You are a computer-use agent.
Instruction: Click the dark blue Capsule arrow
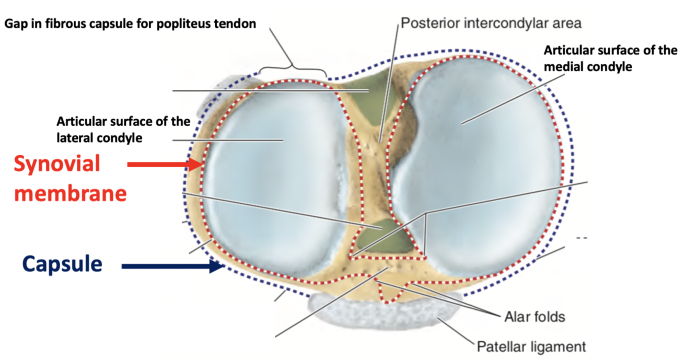(172, 266)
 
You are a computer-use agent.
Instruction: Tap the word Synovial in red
(57, 164)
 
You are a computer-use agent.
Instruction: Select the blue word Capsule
(62, 264)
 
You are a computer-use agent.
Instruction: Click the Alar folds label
(535, 316)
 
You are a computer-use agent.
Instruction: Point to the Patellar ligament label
(531, 346)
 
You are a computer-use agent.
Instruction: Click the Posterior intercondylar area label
(491, 23)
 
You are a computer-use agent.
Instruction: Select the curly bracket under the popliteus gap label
(293, 70)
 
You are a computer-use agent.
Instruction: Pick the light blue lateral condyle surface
(272, 172)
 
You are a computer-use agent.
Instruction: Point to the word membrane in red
(71, 193)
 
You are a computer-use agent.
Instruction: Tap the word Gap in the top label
(16, 25)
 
